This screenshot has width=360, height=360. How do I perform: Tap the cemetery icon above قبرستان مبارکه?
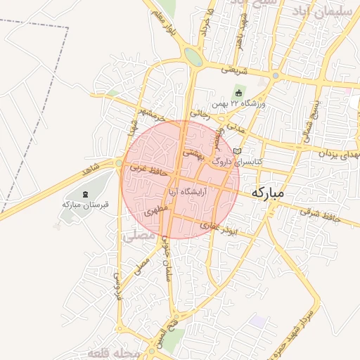pos(86,193)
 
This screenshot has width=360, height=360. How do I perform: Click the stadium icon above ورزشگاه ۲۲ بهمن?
pos(239,93)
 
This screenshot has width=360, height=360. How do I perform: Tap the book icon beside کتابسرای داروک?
pos(236,151)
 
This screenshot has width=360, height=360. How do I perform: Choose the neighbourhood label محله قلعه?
pos(112,351)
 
